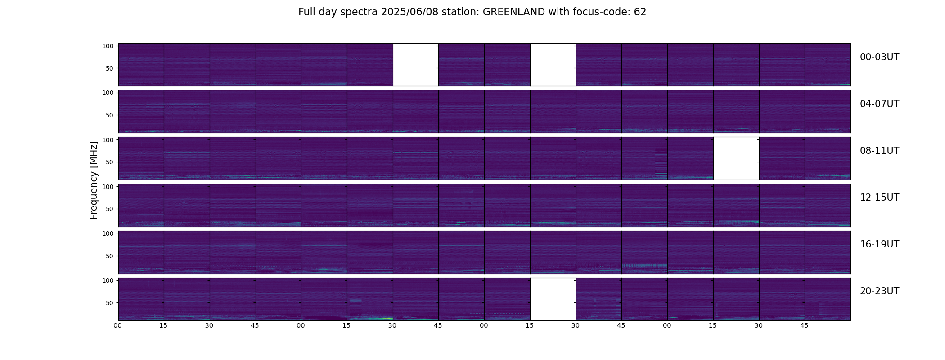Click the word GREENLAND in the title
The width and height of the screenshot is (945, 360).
(514, 12)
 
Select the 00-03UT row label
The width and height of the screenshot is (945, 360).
(879, 57)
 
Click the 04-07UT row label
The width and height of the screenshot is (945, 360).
(879, 104)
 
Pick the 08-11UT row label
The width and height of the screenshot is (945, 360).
(879, 151)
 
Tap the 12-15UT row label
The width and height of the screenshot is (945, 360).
(879, 198)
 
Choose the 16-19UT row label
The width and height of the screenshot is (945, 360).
(879, 244)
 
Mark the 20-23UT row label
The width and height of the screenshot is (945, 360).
(879, 291)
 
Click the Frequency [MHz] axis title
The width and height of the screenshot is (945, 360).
(94, 180)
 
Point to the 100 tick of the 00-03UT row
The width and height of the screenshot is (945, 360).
(108, 46)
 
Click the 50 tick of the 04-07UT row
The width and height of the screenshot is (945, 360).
(109, 115)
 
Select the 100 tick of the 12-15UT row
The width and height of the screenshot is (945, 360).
(108, 186)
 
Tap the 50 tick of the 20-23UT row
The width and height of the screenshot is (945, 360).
(109, 303)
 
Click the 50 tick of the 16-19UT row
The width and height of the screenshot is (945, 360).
(109, 256)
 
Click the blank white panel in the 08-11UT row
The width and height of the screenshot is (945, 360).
(736, 158)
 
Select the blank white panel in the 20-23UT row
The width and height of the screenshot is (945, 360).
(553, 299)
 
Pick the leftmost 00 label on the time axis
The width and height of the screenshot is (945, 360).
(118, 325)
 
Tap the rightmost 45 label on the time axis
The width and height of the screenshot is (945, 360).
(804, 325)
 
